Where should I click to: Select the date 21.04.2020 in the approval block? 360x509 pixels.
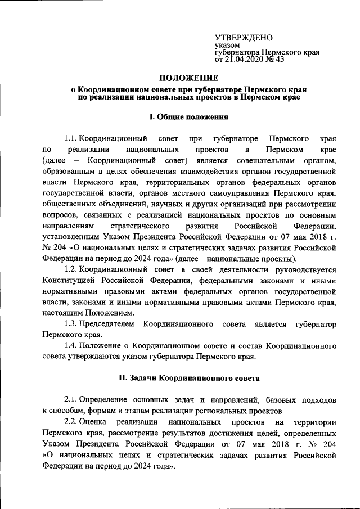point(244,60)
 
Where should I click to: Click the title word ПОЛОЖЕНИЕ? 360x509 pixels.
point(187,78)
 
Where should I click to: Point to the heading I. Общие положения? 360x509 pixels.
point(187,117)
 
